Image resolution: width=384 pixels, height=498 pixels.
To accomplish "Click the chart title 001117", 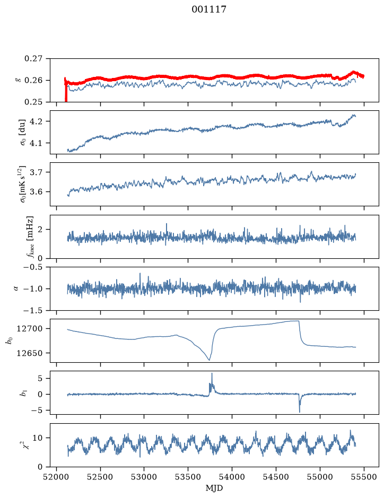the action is (208, 10).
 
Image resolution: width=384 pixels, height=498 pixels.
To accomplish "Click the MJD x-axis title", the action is (214, 488).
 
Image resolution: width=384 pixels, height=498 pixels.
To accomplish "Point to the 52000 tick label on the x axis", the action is (57, 477).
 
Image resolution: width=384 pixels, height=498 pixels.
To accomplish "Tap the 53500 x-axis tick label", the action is (188, 477).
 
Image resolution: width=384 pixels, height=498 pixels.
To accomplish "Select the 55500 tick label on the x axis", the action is (364, 477).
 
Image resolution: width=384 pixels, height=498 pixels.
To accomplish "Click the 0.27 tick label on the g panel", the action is (33, 59).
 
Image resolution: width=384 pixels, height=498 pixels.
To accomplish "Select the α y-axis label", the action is (16, 289).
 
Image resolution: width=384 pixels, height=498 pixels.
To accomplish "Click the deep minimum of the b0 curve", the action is (209, 360).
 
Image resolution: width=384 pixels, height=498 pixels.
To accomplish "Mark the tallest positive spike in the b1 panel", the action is (212, 373).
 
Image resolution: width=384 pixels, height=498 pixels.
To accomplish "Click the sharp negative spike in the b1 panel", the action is (300, 412).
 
